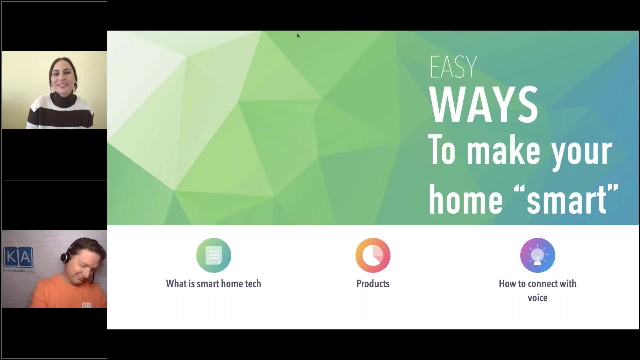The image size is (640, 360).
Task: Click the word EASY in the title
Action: click(453, 67)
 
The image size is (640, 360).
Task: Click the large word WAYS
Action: click(483, 105)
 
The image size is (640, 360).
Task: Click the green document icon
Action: click(214, 255)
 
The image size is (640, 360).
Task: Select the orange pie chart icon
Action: click(373, 255)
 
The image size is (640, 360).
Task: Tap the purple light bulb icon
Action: click(537, 255)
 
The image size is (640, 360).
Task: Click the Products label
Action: click(373, 284)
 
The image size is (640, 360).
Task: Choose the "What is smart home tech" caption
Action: click(213, 284)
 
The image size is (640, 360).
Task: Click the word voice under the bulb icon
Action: click(537, 298)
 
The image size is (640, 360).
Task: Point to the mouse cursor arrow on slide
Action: click(298, 35)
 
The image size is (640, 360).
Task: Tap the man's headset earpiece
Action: click(64, 257)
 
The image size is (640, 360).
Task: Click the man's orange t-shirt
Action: click(57, 293)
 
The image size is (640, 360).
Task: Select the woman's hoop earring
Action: click(52, 89)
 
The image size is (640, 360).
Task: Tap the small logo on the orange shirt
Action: click(86, 305)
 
